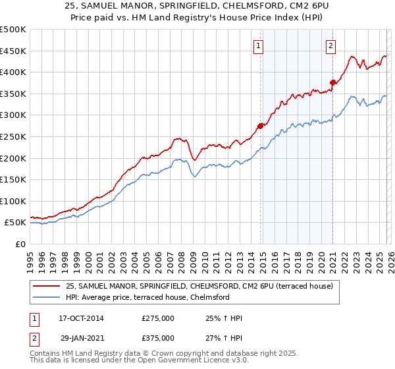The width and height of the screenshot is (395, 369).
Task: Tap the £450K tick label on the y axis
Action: [13, 51]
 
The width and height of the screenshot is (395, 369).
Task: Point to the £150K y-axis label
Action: [13, 179]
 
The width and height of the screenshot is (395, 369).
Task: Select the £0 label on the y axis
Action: [20, 244]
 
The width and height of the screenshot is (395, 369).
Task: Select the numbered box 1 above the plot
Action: [258, 46]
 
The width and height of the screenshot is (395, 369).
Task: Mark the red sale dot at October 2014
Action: [260, 125]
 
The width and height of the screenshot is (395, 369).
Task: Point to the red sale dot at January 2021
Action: [333, 82]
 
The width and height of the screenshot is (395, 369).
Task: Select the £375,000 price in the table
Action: [158, 337]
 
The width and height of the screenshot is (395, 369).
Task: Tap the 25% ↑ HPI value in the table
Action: [224, 319]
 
